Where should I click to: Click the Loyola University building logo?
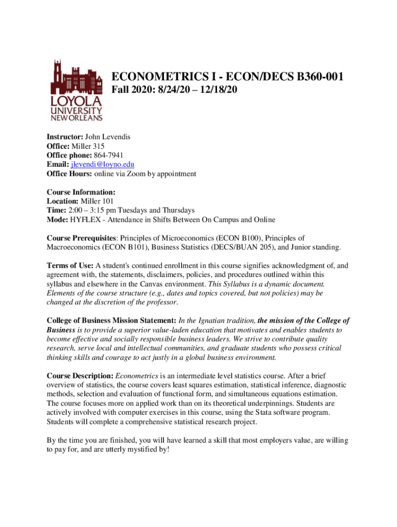[x=76, y=90]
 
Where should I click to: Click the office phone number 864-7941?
[x=108, y=155]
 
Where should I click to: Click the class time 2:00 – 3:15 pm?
[x=94, y=210]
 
